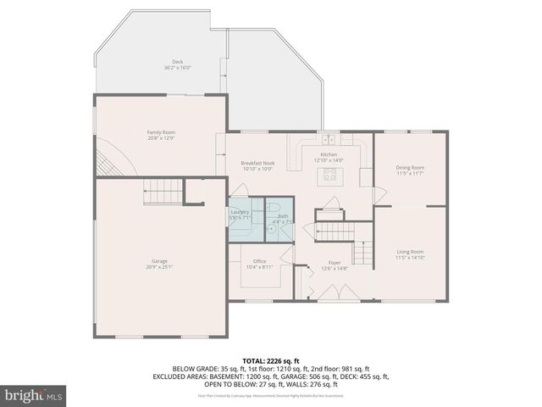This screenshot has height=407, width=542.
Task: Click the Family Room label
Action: coord(161,132)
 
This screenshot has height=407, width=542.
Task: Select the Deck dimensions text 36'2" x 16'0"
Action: coord(178,68)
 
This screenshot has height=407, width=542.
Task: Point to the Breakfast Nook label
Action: coord(257,163)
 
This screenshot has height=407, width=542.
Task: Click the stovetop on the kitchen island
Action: coord(329,176)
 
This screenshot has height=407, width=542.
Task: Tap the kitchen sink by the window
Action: coord(329,139)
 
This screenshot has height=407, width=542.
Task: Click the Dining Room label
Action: coord(410,168)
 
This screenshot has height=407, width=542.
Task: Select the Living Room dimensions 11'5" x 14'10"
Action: coord(410,257)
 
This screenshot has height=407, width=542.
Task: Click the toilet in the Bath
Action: coord(271,227)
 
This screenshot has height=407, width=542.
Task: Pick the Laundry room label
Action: coord(240,213)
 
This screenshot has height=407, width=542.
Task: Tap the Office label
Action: coord(260,261)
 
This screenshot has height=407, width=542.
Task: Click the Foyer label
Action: coord(334,263)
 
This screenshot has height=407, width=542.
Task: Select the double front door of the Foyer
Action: coord(334,293)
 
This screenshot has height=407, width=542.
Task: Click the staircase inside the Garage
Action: coord(162,192)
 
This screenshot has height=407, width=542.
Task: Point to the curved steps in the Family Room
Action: coord(105,161)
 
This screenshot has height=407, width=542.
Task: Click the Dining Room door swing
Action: coord(381,196)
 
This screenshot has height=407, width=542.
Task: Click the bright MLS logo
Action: coord(34,394)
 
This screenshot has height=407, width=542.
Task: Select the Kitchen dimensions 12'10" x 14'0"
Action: coord(329,160)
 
